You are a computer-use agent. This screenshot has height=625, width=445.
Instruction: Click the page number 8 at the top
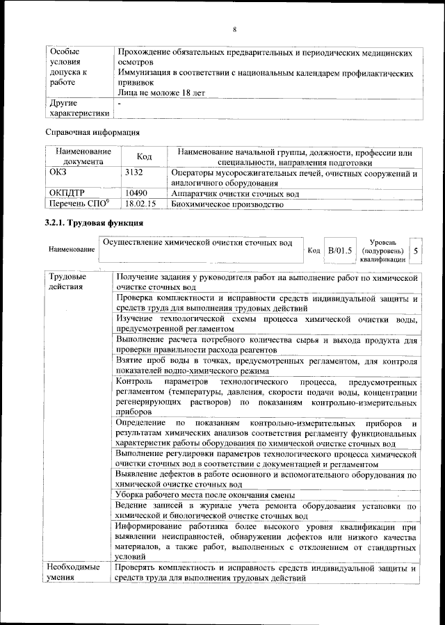coord(234,29)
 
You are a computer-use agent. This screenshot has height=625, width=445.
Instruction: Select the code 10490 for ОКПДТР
coord(136,193)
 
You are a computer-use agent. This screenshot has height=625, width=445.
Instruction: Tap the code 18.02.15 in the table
coord(140,204)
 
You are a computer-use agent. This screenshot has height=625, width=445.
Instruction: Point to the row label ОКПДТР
coord(67,193)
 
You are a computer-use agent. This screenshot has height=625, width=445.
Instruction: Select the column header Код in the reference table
coord(144,157)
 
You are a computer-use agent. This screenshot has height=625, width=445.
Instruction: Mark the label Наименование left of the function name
coord(72,249)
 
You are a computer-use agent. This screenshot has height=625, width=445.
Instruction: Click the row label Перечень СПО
coord(78,204)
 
